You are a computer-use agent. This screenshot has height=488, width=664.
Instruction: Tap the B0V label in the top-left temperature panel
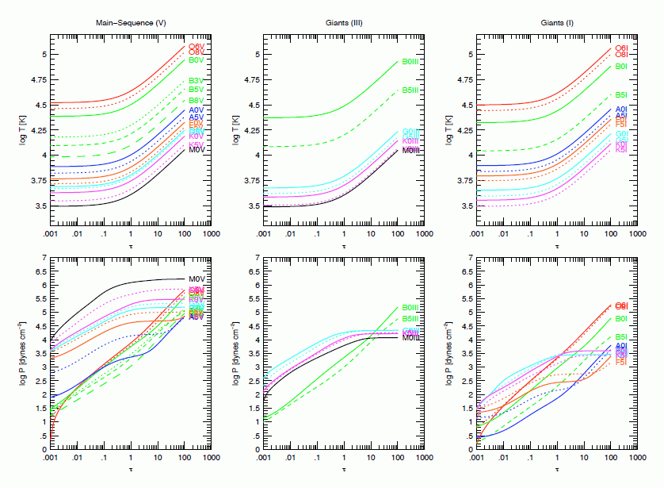[197, 60]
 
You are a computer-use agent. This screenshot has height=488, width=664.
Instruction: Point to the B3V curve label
[197, 81]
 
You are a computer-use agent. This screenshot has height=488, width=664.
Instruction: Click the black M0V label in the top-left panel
[197, 148]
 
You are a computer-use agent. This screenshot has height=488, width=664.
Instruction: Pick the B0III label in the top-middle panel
[410, 62]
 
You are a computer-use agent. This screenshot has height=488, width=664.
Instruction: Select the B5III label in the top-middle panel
[410, 90]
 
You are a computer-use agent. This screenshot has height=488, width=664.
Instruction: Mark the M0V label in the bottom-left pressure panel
[197, 279]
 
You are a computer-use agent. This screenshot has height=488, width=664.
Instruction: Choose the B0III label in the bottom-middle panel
[410, 308]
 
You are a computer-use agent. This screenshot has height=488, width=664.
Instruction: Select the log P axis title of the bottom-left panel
[22, 353]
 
